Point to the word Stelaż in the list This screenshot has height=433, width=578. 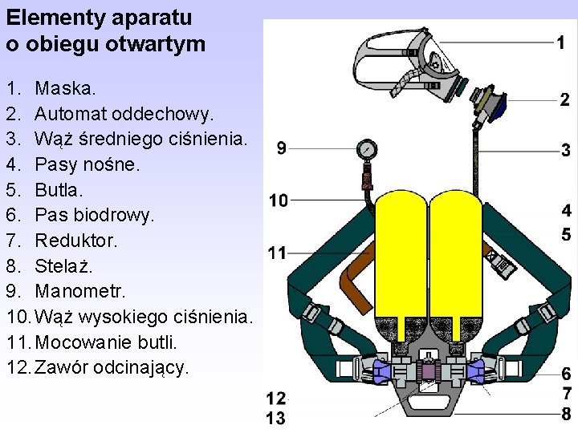(x=64, y=265)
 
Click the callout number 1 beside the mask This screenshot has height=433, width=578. (x=564, y=41)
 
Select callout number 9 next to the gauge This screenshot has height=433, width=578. (x=282, y=148)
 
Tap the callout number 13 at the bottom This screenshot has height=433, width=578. (x=276, y=417)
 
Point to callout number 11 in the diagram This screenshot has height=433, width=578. (x=277, y=253)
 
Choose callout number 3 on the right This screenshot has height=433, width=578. (x=566, y=150)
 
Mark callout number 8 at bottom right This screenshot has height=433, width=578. (x=566, y=414)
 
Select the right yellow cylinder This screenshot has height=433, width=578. (x=457, y=257)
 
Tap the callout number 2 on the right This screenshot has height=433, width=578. (x=565, y=99)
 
